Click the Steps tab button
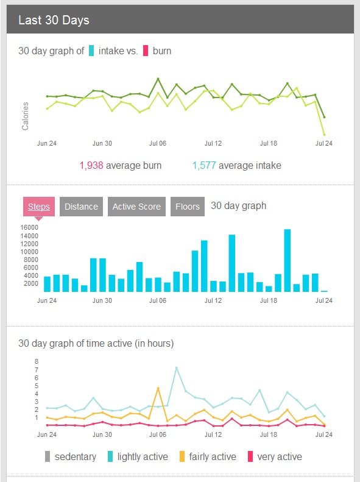[x=39, y=207]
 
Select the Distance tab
[x=81, y=207]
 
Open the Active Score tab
[x=136, y=207]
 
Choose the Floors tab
[x=188, y=207]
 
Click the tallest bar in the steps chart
[x=287, y=260]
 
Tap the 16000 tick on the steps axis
[x=29, y=227]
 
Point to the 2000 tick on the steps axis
[x=31, y=283]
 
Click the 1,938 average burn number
[x=91, y=165]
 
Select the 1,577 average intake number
[x=204, y=165]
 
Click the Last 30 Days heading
[x=54, y=20]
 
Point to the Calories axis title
[x=25, y=116]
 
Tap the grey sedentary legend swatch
[x=48, y=456]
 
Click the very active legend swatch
[x=250, y=456]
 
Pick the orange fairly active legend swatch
[x=182, y=456]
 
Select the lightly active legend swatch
[x=110, y=456]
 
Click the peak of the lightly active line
[x=176, y=367]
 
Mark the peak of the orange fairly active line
[x=158, y=388]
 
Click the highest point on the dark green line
[x=158, y=79]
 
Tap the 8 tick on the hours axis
[x=37, y=361]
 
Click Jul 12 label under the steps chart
[x=213, y=300]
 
